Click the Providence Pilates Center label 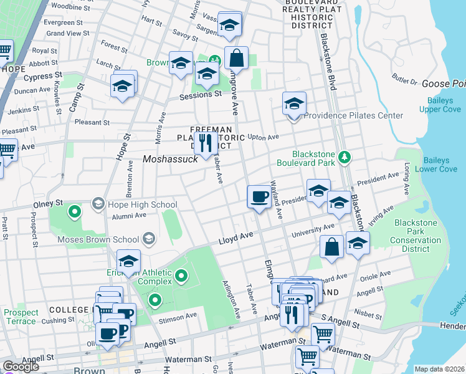coord(353,115)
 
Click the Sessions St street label coord(201,95)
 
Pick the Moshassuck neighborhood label coord(170,159)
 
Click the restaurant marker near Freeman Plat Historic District coord(206,143)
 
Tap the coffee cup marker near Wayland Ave coord(259,197)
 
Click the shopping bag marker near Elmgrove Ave coord(236,59)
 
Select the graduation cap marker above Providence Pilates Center coord(294,103)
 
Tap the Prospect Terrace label coord(20,317)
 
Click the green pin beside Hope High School coord(75,212)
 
